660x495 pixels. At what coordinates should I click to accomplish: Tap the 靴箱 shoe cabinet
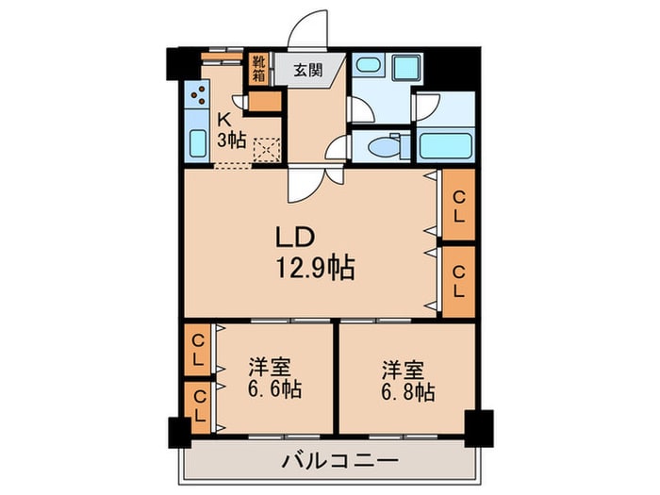point(258,70)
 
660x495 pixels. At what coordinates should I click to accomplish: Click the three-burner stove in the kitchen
point(198,94)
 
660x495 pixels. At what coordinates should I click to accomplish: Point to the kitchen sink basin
point(198,143)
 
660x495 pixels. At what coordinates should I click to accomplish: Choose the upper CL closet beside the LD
point(458,206)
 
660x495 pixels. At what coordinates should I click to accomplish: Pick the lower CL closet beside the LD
point(458,280)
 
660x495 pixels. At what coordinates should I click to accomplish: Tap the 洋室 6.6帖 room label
point(274,378)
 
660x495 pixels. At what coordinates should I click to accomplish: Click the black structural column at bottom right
point(479,427)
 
